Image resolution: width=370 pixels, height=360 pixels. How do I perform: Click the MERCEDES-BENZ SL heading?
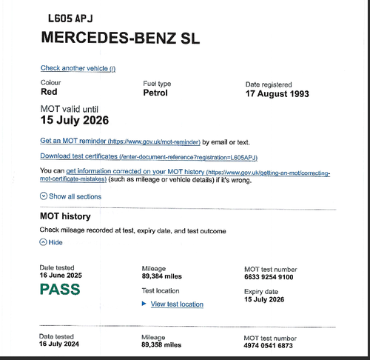click(x=120, y=38)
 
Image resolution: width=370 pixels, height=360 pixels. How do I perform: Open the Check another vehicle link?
click(x=78, y=68)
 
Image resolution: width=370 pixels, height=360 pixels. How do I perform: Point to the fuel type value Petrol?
click(x=155, y=93)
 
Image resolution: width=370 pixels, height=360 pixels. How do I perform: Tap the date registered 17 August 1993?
click(x=287, y=94)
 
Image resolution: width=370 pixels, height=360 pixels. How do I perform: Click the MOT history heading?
click(x=65, y=216)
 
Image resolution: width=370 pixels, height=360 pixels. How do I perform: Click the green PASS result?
click(x=60, y=289)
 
